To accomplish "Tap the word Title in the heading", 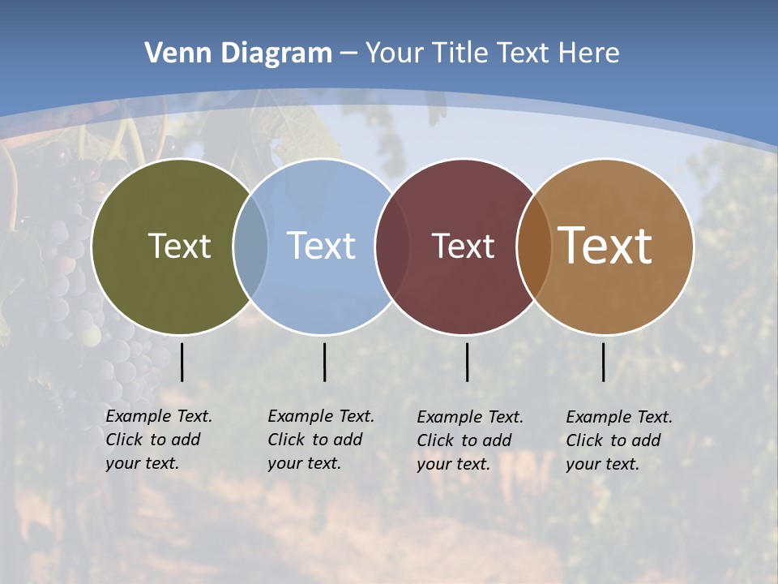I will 460,54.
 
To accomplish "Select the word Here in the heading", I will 589,54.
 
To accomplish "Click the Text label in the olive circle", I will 179,246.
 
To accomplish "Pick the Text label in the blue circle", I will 321,246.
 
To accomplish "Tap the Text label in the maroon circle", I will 463,246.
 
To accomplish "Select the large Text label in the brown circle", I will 605,246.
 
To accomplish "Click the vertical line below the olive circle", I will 182,362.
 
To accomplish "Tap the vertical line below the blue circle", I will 324,362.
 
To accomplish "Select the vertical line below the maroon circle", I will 467,362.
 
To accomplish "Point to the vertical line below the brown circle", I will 603,362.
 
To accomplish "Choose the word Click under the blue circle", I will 286,440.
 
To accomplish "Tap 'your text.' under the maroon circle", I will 454,464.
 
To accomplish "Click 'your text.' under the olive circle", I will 142,463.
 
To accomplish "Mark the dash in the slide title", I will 348,54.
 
